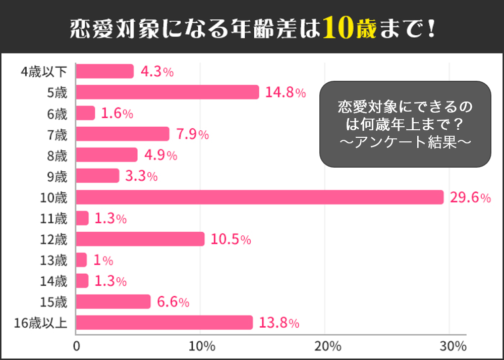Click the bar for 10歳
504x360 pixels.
[x=259, y=197]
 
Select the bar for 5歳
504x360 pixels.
[x=167, y=92]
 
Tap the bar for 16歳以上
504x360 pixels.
[x=164, y=322]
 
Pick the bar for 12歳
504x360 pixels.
[x=140, y=239]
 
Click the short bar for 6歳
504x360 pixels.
[x=85, y=113]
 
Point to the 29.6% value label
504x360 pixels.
[x=470, y=198]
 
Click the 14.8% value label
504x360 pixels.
[x=286, y=93]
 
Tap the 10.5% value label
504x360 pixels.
[x=231, y=240]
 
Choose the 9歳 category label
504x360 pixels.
[x=57, y=176]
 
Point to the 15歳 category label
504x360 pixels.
[x=54, y=302]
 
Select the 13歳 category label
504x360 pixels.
[x=54, y=260]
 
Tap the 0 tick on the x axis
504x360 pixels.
[x=77, y=347]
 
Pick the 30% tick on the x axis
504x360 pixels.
[x=453, y=347]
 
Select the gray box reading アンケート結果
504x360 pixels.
[x=405, y=124]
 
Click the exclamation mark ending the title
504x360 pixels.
[x=430, y=29]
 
